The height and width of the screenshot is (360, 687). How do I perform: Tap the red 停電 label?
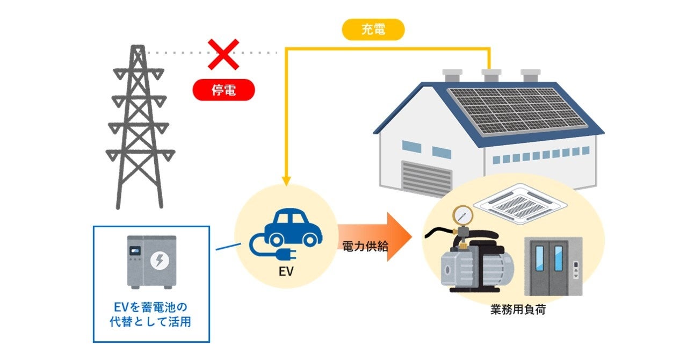(x=223, y=90)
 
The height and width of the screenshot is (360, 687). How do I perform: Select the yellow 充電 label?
(x=373, y=30)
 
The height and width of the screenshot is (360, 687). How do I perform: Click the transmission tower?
(x=138, y=129)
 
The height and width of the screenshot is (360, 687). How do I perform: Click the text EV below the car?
(x=285, y=271)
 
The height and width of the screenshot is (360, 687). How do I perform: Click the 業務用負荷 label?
(x=518, y=310)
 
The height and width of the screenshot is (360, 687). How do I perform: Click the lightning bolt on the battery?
(x=160, y=261)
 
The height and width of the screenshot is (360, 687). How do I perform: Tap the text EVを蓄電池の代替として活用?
(x=151, y=315)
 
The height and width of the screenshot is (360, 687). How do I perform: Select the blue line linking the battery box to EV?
(x=228, y=247)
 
